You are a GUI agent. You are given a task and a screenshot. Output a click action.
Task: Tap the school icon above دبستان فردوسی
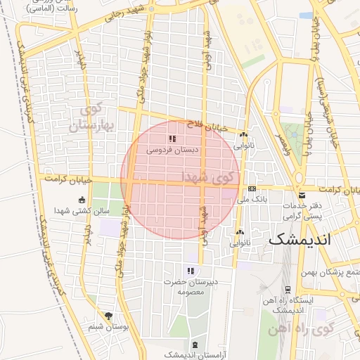[172, 139]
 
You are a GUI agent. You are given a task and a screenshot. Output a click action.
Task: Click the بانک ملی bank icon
[252, 188]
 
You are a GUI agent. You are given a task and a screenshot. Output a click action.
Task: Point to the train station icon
[288, 289]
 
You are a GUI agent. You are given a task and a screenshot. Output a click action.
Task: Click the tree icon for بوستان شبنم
[108, 316]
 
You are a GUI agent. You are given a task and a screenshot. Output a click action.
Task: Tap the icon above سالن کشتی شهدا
[82, 199]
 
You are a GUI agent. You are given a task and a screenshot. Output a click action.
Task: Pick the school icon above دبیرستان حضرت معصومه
[189, 271]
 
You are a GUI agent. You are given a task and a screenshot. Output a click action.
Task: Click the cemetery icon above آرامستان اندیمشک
[195, 345]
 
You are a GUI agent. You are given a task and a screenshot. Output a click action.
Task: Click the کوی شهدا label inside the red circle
[208, 176]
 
